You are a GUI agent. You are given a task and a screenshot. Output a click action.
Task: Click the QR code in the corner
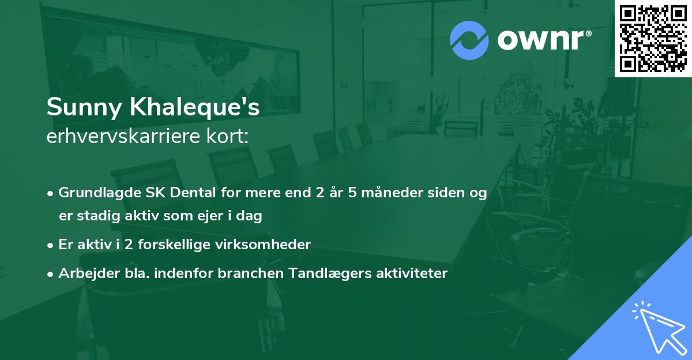coord(653,39)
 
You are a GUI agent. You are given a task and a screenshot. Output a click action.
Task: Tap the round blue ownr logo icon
coord(469,40)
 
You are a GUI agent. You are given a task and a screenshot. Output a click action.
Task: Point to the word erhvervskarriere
coord(123,136)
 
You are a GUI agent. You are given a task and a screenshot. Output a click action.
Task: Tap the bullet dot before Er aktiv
coord(51,245)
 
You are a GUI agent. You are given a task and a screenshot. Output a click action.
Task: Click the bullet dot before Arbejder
coord(51,274)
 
